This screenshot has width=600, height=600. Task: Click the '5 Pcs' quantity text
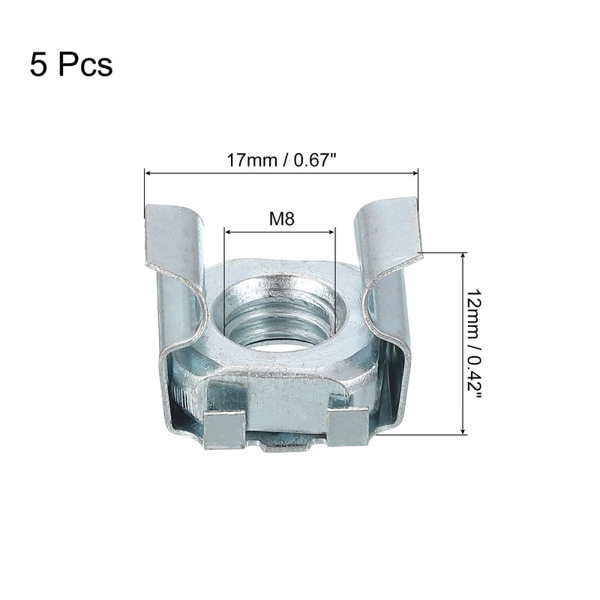pyautogui.click(x=71, y=64)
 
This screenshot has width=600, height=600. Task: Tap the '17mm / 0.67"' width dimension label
pyautogui.click(x=280, y=161)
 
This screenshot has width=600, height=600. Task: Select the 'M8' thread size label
pyautogui.click(x=280, y=220)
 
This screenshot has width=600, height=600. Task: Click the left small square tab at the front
pyautogui.click(x=225, y=429)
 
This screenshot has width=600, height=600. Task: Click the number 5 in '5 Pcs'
pyautogui.click(x=38, y=64)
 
